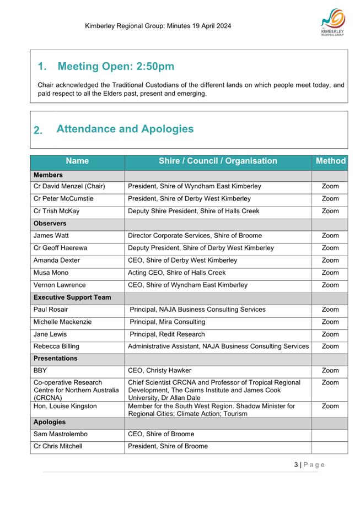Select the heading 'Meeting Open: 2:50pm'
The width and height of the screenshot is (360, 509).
(116, 67)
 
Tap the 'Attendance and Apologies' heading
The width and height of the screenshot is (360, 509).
(125, 129)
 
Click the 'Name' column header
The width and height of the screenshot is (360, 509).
(77, 161)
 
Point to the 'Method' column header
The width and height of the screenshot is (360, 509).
(330, 161)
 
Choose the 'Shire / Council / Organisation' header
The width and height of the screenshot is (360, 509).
(218, 161)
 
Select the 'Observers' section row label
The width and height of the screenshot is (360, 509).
(50, 224)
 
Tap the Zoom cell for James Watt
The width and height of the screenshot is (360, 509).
(330, 236)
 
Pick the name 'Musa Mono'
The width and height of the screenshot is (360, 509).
(52, 273)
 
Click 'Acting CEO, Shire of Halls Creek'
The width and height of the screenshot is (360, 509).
(176, 273)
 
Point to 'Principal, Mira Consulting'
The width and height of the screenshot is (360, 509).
(168, 322)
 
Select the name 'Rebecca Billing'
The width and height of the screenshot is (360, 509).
(56, 346)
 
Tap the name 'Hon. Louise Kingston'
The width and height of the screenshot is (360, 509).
(65, 407)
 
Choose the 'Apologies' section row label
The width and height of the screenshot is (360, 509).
(50, 422)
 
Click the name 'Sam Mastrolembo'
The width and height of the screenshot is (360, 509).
(60, 434)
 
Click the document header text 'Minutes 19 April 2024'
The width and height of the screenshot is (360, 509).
(196, 26)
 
